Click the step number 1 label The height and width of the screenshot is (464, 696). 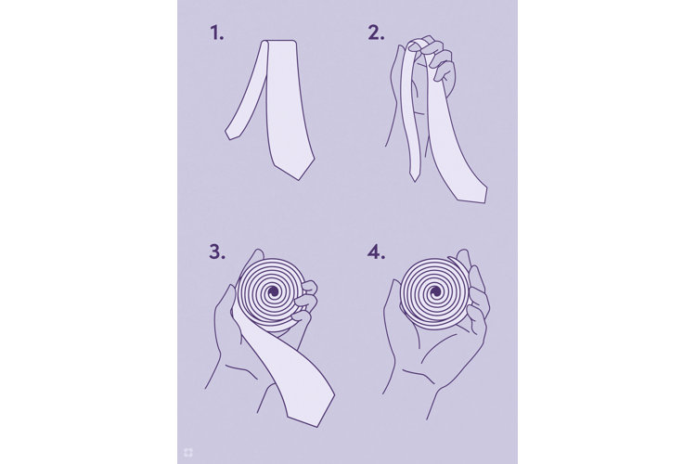217,33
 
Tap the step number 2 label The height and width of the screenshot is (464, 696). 375,33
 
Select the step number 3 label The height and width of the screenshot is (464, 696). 216,252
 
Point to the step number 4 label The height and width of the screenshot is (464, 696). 376,252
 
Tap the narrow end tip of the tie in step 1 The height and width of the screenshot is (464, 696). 229,138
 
